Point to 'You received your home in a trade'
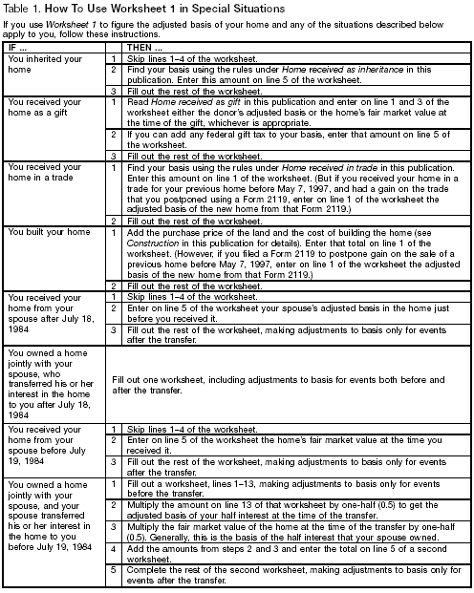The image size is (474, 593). (50, 174)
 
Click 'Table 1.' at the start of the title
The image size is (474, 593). (22, 8)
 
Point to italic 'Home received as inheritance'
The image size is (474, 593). (330, 70)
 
